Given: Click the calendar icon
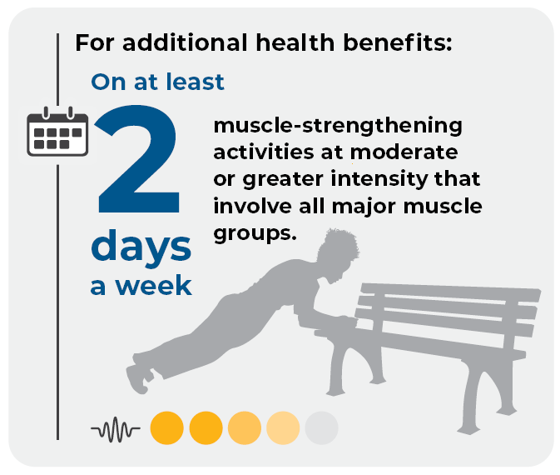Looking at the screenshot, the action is pos(57,132).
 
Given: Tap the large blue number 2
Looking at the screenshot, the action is pos(137,159).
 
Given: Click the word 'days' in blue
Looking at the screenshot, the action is pos(141,247).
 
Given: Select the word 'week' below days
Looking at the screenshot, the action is pos(154,286).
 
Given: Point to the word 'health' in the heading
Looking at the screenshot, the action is pos(295,42).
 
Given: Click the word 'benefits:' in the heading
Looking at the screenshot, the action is pos(398,42).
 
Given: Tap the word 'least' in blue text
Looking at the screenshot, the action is pos(195,82).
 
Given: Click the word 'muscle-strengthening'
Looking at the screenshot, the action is pos(338,126).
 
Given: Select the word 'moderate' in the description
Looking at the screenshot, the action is pos(404,152).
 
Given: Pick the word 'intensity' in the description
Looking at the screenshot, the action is pos(379,179).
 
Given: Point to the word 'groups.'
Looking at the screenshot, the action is pos(255,234).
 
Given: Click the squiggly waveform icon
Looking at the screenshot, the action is pos(116,428).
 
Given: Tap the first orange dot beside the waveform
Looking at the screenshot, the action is pos(166,427).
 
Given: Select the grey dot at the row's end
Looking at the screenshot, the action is pos(321,427).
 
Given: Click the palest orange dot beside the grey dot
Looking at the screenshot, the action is pos(283,427).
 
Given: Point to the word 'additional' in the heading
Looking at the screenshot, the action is pos(185,42).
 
